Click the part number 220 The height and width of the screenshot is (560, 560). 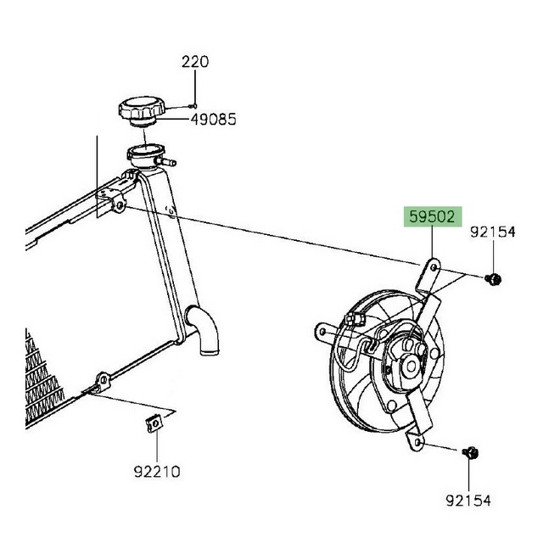click(x=195, y=62)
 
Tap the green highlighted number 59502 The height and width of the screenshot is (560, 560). click(x=431, y=218)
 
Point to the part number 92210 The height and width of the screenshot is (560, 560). click(x=156, y=471)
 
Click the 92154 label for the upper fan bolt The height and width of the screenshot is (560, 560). click(x=495, y=231)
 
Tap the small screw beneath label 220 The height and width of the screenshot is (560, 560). click(x=194, y=106)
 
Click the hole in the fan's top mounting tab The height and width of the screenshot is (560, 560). click(x=434, y=267)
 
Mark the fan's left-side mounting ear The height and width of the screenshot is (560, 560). click(x=323, y=328)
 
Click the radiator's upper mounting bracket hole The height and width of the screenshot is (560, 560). click(x=121, y=205)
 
